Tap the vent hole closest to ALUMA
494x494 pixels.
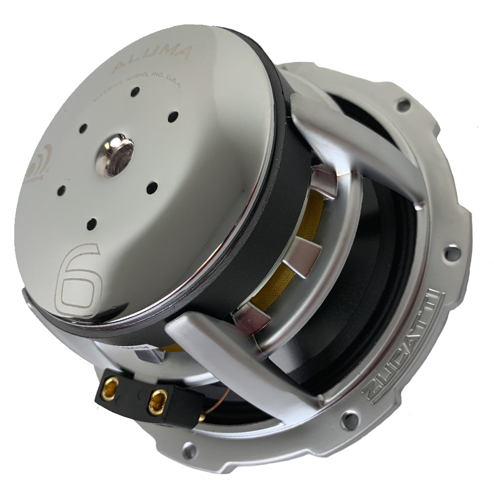tap(135, 91)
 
